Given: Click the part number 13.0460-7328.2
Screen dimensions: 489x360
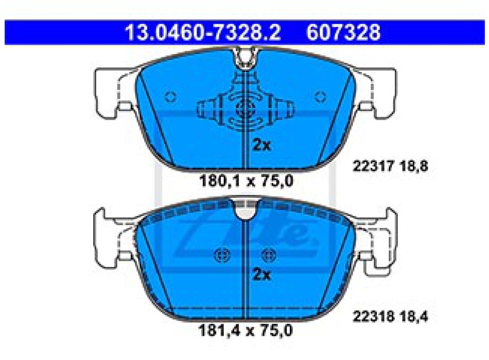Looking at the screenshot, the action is tap(203, 32).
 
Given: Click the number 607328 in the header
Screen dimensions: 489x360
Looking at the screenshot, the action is tap(343, 32).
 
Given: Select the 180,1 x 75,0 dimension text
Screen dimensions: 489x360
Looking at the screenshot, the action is tap(246, 181).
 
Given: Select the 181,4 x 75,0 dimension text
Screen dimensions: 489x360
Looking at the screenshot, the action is tap(246, 330).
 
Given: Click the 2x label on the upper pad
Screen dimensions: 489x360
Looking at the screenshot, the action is tap(261, 145).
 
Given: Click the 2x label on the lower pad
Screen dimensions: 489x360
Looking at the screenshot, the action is tap(261, 275).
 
